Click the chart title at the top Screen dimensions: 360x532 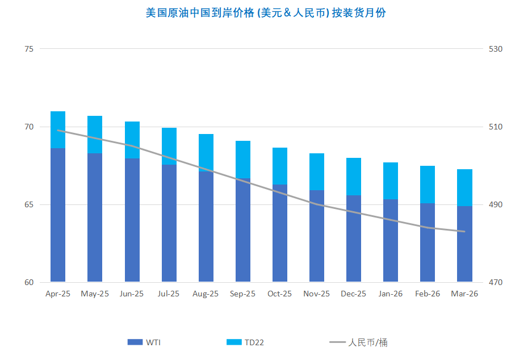(x=266, y=12)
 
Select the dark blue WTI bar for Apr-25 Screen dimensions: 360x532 (x=58, y=216)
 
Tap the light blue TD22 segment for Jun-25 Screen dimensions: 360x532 (x=132, y=140)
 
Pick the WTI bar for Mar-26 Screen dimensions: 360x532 (x=464, y=244)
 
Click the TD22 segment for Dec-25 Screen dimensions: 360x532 (x=354, y=177)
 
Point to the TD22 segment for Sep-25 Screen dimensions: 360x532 (x=243, y=160)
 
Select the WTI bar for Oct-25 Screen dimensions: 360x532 (x=280, y=233)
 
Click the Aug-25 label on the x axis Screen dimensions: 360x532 (x=206, y=294)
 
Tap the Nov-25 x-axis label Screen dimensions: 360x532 (x=316, y=294)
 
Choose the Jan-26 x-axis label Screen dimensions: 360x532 (x=391, y=294)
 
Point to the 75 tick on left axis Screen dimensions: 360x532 (x=29, y=49)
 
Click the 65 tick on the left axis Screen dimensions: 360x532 (x=29, y=204)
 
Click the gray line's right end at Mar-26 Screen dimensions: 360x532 (x=465, y=231)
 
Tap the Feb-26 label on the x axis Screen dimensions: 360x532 (x=428, y=294)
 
